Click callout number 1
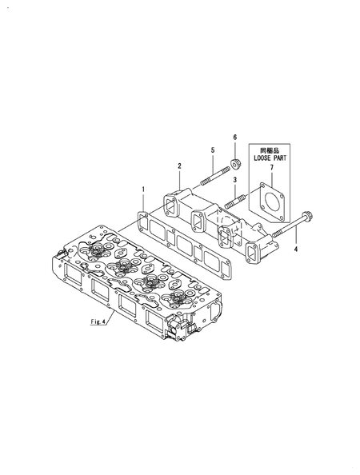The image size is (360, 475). pyautogui.click(x=144, y=190)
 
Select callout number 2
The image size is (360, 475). pyautogui.click(x=179, y=166)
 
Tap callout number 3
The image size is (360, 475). pyautogui.click(x=235, y=180)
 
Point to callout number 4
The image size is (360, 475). pyautogui.click(x=296, y=249)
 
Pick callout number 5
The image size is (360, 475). pyautogui.click(x=213, y=150)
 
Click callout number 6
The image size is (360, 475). pyautogui.click(x=235, y=138)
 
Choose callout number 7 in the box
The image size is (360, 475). pyautogui.click(x=271, y=167)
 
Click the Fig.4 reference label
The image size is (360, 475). pyautogui.click(x=98, y=321)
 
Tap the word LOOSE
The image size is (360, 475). pyautogui.click(x=262, y=158)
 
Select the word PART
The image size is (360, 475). pyautogui.click(x=280, y=158)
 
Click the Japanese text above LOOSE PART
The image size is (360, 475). pyautogui.click(x=270, y=150)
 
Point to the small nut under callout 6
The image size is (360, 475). pyautogui.click(x=235, y=164)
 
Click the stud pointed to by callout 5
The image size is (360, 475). pyautogui.click(x=213, y=177)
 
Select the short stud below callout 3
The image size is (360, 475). pyautogui.click(x=235, y=201)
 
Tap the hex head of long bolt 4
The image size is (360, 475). pyautogui.click(x=309, y=217)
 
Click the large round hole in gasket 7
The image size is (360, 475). pyautogui.click(x=271, y=202)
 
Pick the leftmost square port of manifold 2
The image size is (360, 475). pyautogui.click(x=170, y=207)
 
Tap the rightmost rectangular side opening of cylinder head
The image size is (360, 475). pyautogui.click(x=156, y=319)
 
